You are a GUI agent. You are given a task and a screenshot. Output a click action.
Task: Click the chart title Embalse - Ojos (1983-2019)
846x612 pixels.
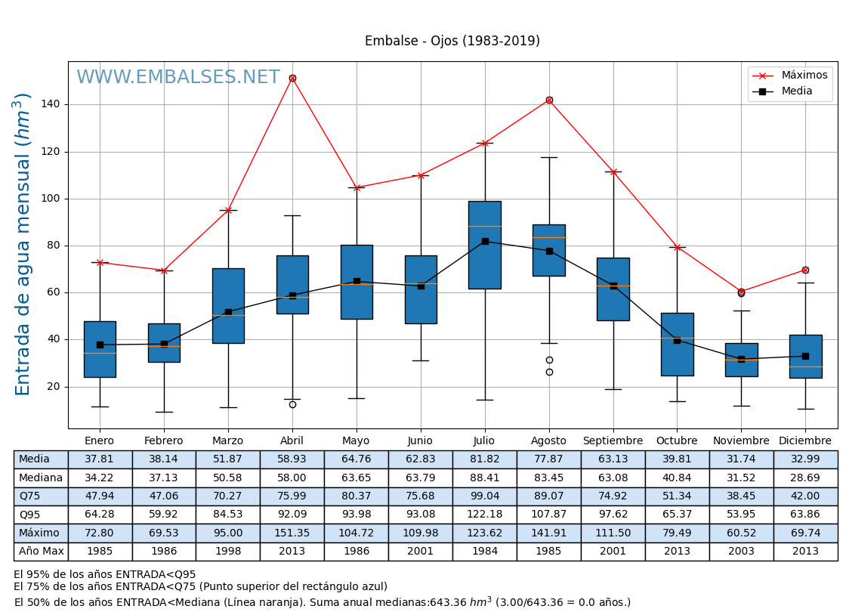click(452, 42)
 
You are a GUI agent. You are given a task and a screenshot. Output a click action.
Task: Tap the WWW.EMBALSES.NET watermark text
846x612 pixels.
click(178, 78)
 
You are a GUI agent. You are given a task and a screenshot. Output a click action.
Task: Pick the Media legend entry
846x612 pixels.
click(797, 91)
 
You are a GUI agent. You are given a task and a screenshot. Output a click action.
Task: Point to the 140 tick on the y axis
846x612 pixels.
click(54, 105)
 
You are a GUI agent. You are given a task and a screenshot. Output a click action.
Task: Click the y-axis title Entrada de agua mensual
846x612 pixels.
click(23, 244)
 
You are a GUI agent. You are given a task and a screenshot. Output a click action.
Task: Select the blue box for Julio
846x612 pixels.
click(484, 245)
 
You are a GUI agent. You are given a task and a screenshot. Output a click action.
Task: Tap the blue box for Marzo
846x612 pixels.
click(228, 306)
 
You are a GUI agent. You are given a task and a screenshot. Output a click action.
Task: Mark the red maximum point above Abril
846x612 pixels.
click(292, 78)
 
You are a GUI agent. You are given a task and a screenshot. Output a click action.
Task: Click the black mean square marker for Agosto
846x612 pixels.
click(549, 251)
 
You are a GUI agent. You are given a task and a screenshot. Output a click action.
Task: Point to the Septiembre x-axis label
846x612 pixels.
click(613, 441)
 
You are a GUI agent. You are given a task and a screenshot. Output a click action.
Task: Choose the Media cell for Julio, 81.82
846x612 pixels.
click(484, 459)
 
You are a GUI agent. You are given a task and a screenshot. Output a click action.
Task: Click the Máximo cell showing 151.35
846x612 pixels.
click(292, 533)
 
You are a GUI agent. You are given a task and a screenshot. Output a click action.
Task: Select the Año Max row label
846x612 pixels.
click(41, 552)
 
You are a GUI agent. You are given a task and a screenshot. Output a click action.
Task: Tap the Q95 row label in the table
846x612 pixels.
click(30, 515)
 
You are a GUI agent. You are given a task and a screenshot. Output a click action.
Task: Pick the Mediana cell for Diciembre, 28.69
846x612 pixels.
click(804, 478)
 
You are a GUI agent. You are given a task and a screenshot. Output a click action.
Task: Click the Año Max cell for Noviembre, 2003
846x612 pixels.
click(741, 552)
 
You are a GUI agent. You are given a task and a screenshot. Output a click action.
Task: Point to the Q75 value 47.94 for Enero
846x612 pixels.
click(100, 496)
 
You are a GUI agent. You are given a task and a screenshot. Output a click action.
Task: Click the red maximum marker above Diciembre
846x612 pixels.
click(805, 270)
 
